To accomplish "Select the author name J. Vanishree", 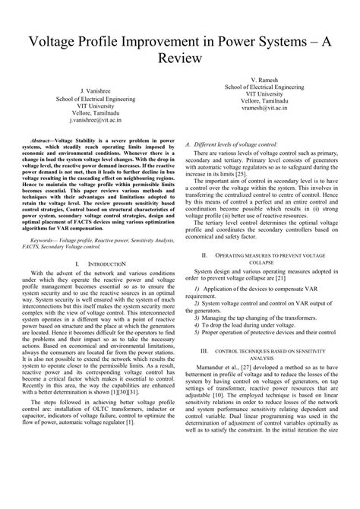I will tap(90, 90).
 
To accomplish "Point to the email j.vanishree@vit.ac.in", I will tap(90, 120).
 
